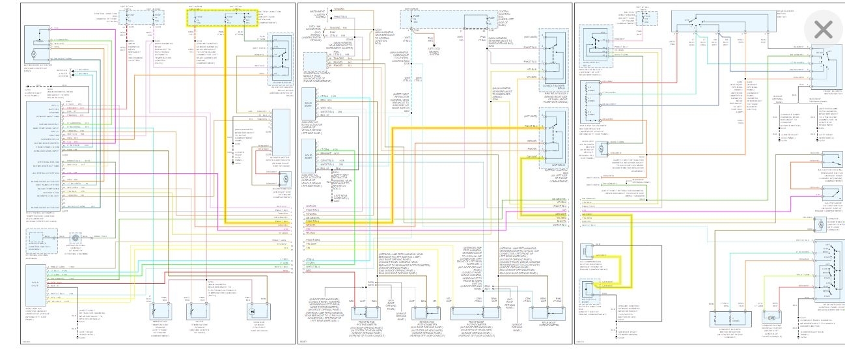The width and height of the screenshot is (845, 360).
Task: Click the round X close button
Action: pos(823,29)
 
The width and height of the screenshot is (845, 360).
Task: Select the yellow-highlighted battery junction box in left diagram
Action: pos(222,18)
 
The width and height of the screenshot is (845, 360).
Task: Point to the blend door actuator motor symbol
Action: pos(35,49)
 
